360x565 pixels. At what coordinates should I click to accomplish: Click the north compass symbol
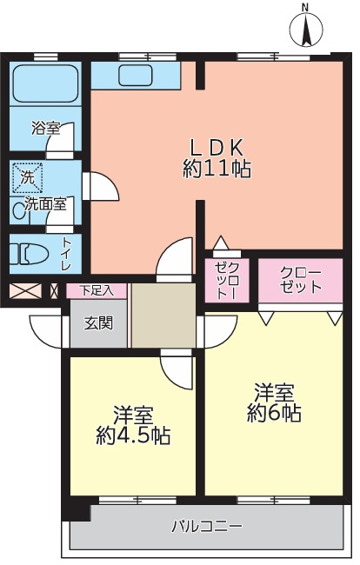click(x=305, y=29)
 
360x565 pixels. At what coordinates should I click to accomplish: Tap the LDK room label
click(x=217, y=145)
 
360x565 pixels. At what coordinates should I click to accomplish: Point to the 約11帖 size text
click(x=217, y=169)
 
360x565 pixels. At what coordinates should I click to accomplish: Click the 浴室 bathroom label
click(x=45, y=128)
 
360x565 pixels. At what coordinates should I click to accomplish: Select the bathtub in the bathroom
click(x=44, y=84)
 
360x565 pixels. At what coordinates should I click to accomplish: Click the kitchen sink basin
click(x=135, y=74)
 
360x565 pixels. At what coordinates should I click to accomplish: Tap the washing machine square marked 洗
click(x=28, y=178)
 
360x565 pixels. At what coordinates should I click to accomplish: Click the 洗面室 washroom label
click(x=44, y=205)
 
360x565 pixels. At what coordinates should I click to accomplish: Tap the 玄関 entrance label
click(x=97, y=323)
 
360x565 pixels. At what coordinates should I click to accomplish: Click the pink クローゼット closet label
click(x=301, y=280)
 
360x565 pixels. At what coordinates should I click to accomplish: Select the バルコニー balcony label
click(x=206, y=526)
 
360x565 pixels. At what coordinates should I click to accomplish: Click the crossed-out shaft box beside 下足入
click(x=23, y=291)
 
